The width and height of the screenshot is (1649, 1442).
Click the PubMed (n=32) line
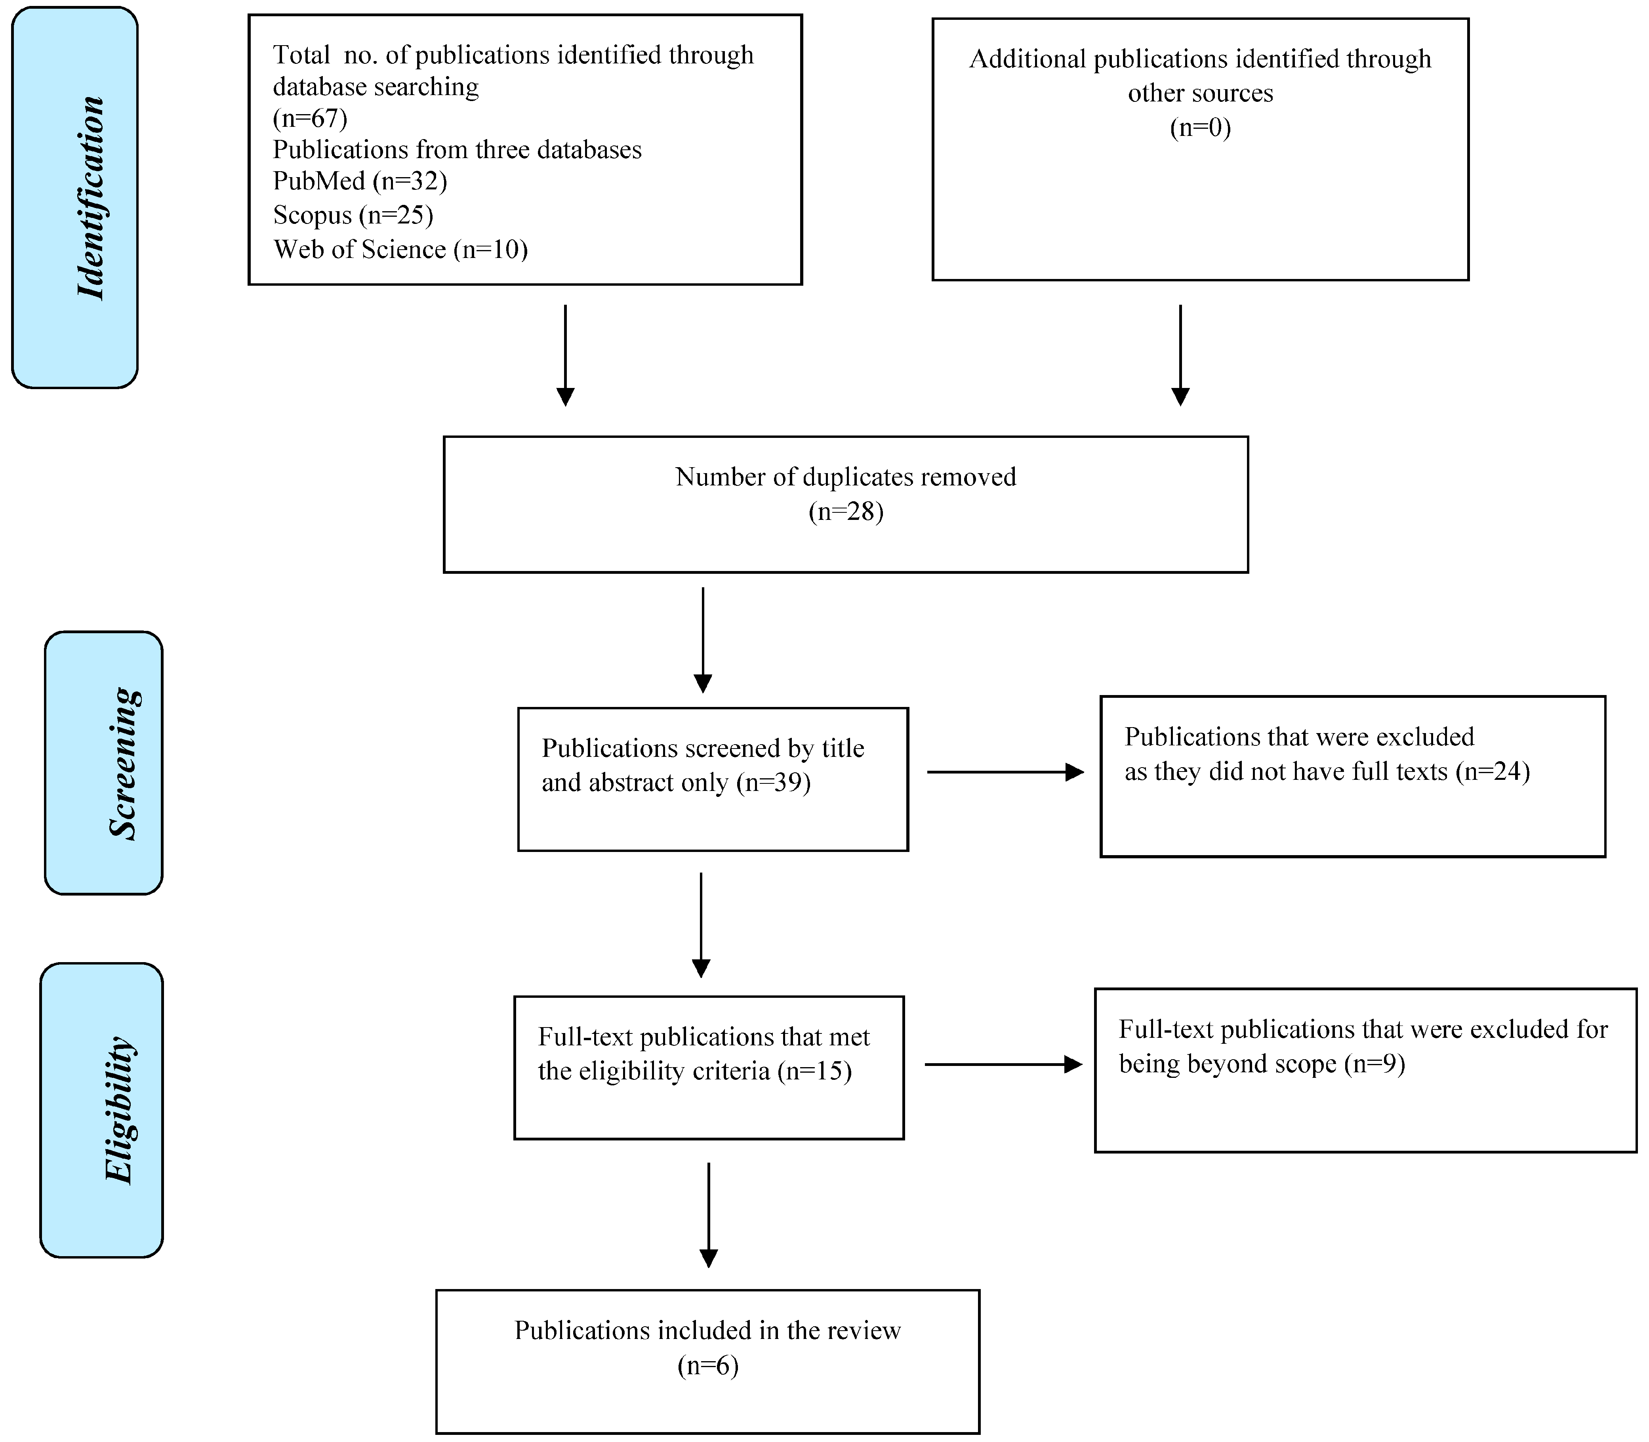[x=360, y=181]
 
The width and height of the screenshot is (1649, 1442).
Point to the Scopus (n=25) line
[x=352, y=215]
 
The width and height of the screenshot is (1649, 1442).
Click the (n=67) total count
[x=310, y=118]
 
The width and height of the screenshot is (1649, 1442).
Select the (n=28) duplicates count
[x=845, y=512]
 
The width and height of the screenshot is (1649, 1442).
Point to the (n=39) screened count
[x=773, y=782]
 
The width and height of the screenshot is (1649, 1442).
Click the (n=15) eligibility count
[x=814, y=1071]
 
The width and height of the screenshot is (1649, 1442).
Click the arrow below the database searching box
[x=566, y=354]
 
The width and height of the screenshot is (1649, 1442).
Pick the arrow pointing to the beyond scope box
[x=1003, y=1065]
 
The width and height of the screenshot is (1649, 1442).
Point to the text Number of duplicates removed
[x=845, y=477]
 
